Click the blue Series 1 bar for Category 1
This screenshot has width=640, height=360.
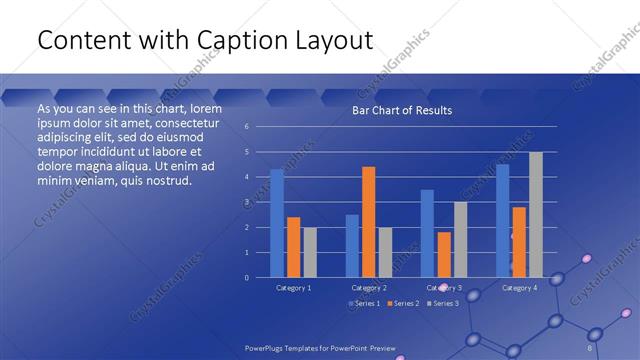tap(277, 223)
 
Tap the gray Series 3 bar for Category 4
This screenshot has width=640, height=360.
tap(536, 214)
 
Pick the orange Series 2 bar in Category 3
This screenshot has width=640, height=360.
tap(444, 255)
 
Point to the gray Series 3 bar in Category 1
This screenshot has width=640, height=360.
tap(310, 252)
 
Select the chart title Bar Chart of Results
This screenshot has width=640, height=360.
tap(402, 110)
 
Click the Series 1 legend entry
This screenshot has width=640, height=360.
tap(365, 303)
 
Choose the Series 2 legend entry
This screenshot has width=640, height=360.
tap(402, 303)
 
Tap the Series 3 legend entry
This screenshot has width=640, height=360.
tap(442, 303)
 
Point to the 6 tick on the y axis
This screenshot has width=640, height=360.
tap(246, 127)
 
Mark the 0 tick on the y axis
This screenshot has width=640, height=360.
tap(246, 278)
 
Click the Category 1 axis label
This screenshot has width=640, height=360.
tap(294, 288)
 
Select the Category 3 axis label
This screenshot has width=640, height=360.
tap(444, 288)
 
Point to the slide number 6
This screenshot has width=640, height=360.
tap(590, 348)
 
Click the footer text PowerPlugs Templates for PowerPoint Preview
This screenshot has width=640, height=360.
tap(320, 348)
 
